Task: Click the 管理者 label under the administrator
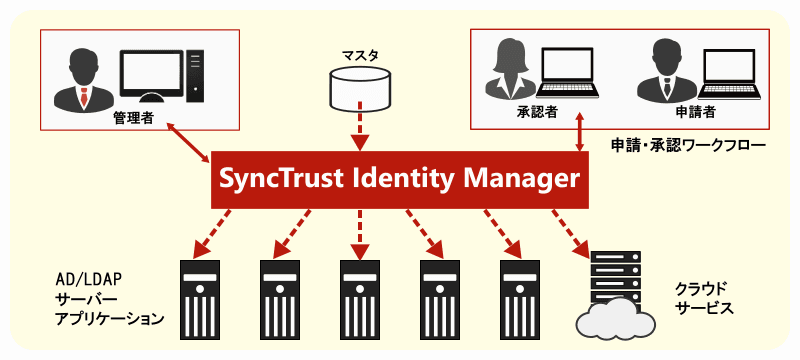pyautogui.click(x=133, y=118)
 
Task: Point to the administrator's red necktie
pyautogui.click(x=83, y=98)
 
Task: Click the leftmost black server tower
pyautogui.click(x=199, y=297)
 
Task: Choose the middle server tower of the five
pyautogui.click(x=360, y=297)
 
